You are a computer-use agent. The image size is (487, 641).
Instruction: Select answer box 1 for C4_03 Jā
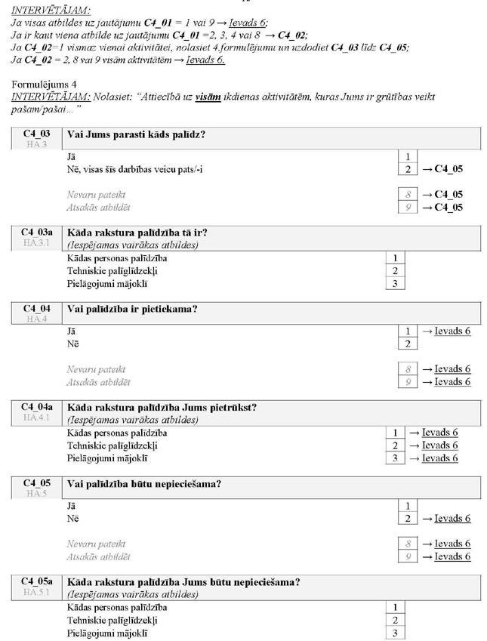click(x=406, y=156)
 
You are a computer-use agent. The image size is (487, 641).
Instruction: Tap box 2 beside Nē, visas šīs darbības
click(x=406, y=169)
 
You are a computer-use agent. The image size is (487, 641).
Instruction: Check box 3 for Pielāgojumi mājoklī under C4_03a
click(x=394, y=284)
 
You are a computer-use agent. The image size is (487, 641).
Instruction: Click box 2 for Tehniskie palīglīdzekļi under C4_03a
click(x=394, y=271)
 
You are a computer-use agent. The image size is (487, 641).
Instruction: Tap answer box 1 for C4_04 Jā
click(x=406, y=331)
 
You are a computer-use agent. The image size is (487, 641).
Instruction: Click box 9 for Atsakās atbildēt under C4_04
click(x=406, y=382)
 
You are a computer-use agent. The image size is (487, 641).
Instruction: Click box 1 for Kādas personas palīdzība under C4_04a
click(x=394, y=433)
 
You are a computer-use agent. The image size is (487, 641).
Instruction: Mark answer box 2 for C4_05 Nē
click(x=406, y=518)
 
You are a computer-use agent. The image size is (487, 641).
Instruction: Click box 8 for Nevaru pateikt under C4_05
click(x=406, y=544)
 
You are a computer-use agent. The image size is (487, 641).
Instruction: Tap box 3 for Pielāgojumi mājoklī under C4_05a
click(x=394, y=633)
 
